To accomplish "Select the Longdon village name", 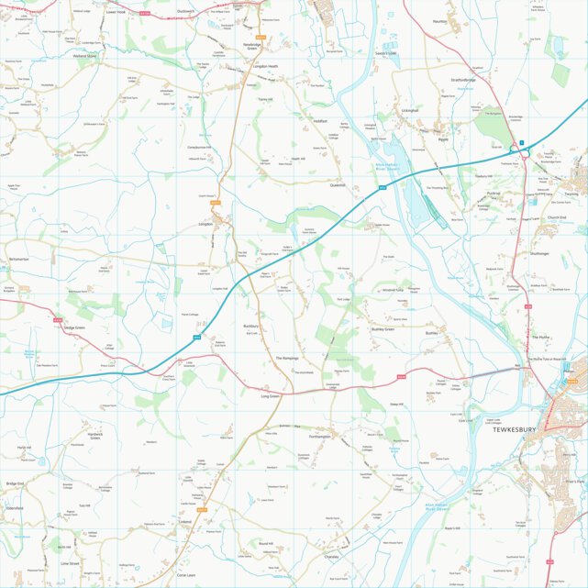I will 205,224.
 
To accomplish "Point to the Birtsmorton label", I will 19,260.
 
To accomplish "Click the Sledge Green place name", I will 73,327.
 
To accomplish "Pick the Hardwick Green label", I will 95,434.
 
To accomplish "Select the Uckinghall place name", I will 409,111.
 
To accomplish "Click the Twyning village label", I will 571,194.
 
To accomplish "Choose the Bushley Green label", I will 383,328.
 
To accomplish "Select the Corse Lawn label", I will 186,574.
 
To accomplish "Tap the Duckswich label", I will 186,12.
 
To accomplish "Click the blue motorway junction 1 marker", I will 521,143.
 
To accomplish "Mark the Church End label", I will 557,217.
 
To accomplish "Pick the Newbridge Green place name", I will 251,46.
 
